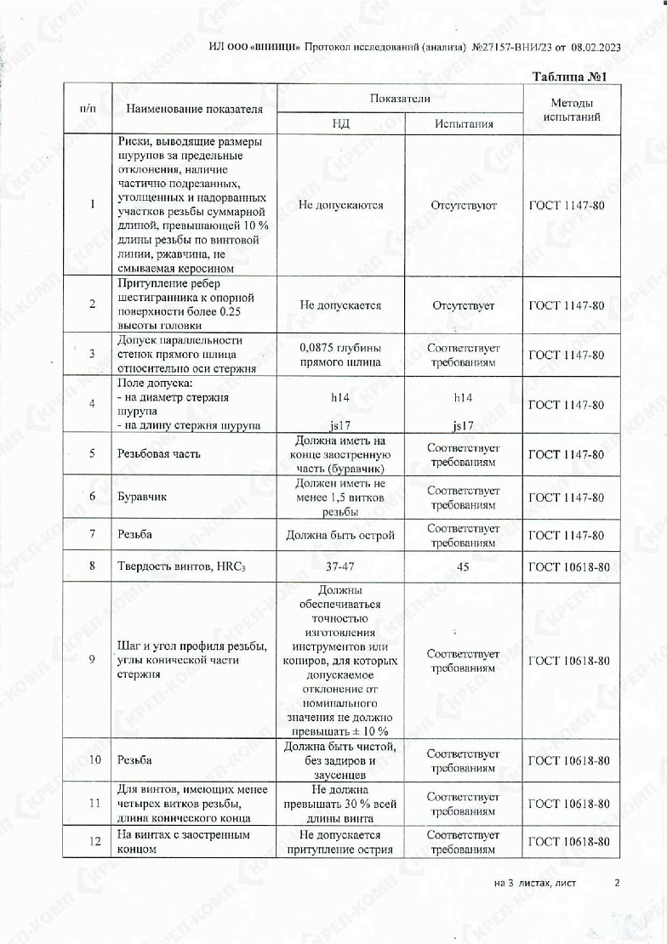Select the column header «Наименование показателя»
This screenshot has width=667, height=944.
coord(195,109)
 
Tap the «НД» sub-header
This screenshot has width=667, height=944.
coord(340,123)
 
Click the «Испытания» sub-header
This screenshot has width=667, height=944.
coord(464,123)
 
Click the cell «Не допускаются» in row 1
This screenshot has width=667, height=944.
coord(340,205)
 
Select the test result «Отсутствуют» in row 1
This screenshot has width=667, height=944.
coord(464,205)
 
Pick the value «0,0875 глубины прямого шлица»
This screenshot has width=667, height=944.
coord(340,355)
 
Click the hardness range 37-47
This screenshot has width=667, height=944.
coord(340,566)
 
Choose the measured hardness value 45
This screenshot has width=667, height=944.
coord(464,566)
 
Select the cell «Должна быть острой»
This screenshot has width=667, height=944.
coord(340,536)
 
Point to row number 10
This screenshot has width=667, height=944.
coord(92,760)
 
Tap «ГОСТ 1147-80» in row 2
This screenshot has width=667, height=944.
coord(567,305)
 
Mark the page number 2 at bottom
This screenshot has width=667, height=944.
coord(617,883)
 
